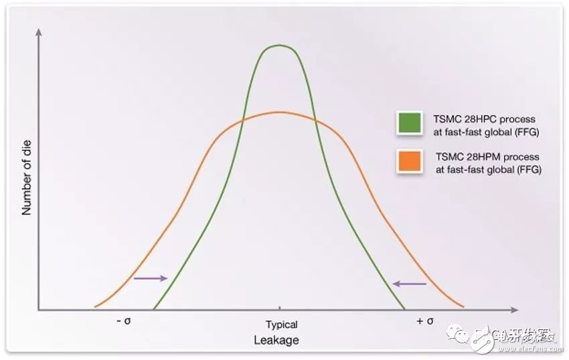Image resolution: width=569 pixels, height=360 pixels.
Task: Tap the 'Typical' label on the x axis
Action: (281, 325)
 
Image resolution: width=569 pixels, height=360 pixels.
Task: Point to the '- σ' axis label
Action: (123, 321)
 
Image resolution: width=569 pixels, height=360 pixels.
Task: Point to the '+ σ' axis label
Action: (425, 321)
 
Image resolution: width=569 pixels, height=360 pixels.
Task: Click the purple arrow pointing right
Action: (149, 278)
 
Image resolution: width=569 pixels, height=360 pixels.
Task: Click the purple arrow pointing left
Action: (409, 284)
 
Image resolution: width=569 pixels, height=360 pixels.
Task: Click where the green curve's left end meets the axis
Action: (153, 309)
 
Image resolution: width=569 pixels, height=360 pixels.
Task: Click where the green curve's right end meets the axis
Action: (405, 309)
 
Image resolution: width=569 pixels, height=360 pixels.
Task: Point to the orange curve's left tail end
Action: (96, 306)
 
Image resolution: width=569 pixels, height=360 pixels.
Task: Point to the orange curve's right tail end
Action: (463, 308)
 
